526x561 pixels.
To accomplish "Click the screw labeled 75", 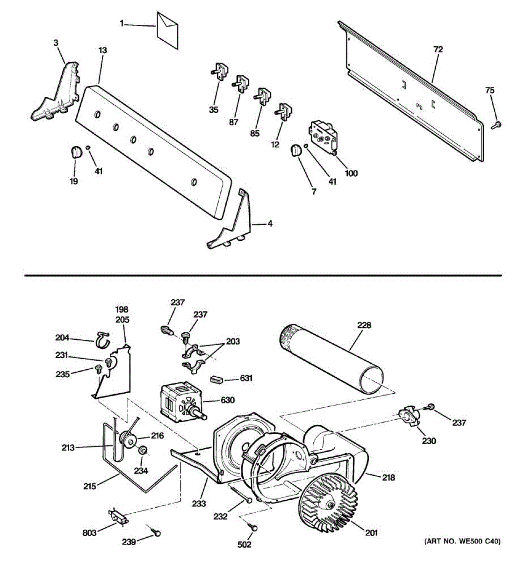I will (x=497, y=124).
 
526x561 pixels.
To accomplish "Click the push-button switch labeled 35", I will (x=220, y=72).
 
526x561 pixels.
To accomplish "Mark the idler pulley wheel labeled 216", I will (x=127, y=439).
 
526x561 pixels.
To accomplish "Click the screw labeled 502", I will (x=253, y=526).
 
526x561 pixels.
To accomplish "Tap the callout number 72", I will (x=438, y=49).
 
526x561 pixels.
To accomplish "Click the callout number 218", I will (x=388, y=477).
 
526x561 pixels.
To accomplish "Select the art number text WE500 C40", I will (x=462, y=541).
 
